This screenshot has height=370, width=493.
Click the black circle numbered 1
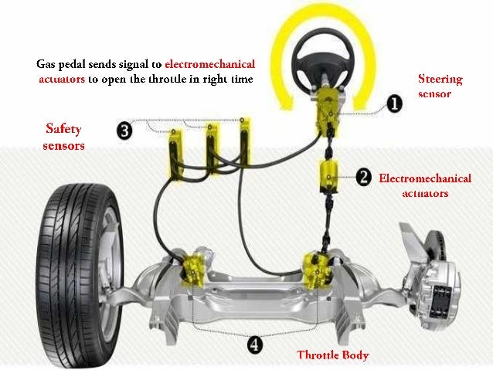coord(394,104)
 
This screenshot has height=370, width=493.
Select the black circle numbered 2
coord(364,178)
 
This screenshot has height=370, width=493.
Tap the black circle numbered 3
coord(124,131)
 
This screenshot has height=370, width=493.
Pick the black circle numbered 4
coord(254,345)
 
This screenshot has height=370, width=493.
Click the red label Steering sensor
coord(440,87)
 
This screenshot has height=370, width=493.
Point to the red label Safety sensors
coord(63,137)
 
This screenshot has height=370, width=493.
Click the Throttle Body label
coord(332,355)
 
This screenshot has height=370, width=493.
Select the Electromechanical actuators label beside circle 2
coord(425,185)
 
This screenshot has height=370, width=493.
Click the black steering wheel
coord(323,59)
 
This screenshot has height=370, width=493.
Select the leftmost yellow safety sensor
coord(175,154)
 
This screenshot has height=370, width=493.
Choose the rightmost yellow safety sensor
coord(245,141)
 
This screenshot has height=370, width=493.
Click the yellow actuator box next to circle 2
coord(329,176)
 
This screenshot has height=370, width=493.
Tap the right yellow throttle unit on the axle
coord(318,270)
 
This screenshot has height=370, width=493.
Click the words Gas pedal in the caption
coord(61,65)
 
